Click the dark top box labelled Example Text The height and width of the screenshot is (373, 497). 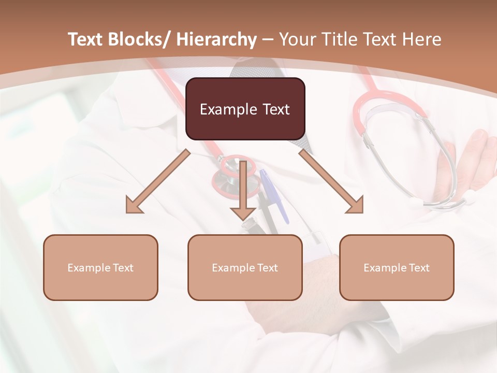pyautogui.click(x=245, y=109)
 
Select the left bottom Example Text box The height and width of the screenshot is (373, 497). pyautogui.click(x=100, y=268)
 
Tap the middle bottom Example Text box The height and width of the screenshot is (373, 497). pyautogui.click(x=245, y=268)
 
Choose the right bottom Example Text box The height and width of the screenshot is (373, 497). pyautogui.click(x=397, y=268)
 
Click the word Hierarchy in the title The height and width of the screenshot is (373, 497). pyautogui.click(x=216, y=39)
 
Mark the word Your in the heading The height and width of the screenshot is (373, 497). pyautogui.click(x=295, y=39)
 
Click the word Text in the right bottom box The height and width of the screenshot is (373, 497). pyautogui.click(x=419, y=268)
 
